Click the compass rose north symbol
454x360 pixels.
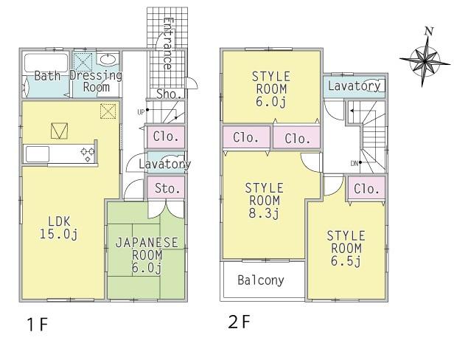tap(422, 58)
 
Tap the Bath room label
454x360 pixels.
tap(46, 76)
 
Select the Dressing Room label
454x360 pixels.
tap(96, 81)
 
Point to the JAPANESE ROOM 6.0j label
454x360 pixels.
tap(144, 255)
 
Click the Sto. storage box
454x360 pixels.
tap(167, 188)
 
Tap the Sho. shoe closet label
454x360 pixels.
tap(169, 94)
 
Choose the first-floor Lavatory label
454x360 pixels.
tap(164, 164)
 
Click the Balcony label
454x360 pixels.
tap(261, 280)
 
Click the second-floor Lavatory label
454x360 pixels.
tap(354, 86)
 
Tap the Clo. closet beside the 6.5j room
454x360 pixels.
tap(366, 188)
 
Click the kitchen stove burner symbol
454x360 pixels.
tap(87, 154)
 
